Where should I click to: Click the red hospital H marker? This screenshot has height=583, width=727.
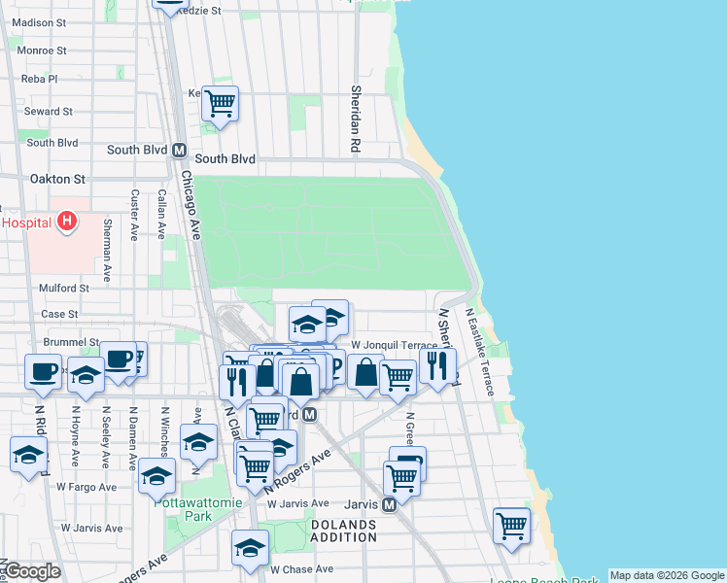tap(66, 223)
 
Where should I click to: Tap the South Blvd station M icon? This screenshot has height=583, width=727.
tap(179, 151)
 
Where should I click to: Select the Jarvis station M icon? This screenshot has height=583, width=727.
tap(389, 504)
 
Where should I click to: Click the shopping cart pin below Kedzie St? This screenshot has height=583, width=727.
tap(221, 102)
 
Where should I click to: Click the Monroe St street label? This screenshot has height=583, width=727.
tap(41, 50)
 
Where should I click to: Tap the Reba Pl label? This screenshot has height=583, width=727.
tap(41, 79)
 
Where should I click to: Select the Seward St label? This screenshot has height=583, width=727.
tap(49, 112)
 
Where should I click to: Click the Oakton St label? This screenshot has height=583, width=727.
tap(57, 179)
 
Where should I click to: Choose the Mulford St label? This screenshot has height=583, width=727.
tap(63, 288)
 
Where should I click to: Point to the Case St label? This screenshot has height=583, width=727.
tap(59, 314)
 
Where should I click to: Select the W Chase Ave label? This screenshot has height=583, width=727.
tap(301, 569)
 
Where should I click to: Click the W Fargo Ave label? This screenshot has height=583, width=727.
tap(87, 487)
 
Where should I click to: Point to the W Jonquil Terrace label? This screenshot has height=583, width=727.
tap(394, 345)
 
